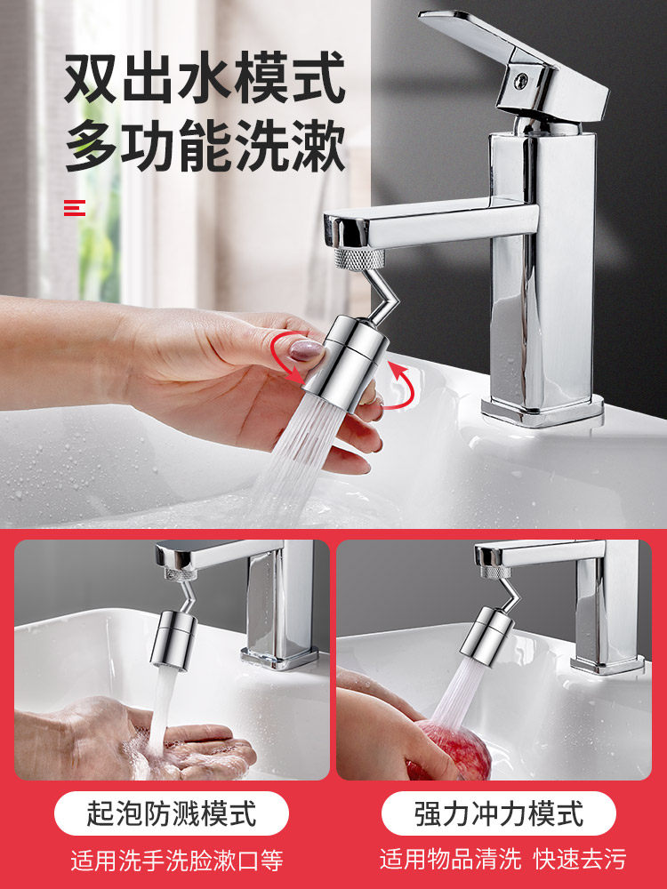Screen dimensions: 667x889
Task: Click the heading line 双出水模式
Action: point(205,77)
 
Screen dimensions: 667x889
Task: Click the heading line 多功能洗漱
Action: point(205,145)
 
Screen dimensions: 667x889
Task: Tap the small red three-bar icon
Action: point(75,208)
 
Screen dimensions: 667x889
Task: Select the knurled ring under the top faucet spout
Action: point(359,259)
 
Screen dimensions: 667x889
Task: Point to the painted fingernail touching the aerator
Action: point(307,349)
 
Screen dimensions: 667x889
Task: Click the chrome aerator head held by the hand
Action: point(346,363)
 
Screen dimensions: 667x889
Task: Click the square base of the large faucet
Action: point(542,411)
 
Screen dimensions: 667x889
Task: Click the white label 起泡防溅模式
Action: point(172,813)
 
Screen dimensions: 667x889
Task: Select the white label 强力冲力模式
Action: point(499,813)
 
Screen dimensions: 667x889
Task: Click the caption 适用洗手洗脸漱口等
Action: point(177,860)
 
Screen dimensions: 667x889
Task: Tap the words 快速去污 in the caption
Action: point(580,860)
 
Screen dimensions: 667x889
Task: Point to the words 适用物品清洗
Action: point(450,860)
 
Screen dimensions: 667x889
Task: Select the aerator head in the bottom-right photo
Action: point(486,635)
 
